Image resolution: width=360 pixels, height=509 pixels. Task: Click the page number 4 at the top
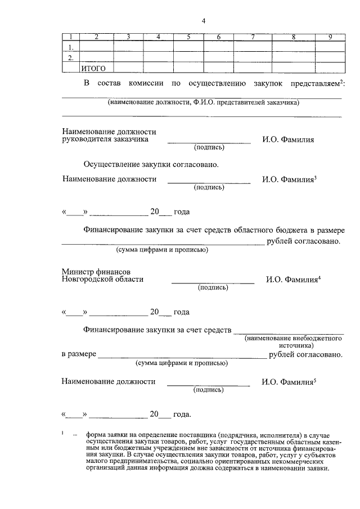coord(204,21)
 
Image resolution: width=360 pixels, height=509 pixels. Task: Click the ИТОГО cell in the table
coord(94,68)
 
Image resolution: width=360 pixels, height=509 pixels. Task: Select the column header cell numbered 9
coord(331,37)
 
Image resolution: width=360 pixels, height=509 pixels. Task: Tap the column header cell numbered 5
coord(188,37)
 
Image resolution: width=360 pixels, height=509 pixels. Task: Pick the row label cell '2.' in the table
coord(71,57)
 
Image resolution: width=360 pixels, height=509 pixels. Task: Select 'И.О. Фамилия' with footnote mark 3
coord(288,179)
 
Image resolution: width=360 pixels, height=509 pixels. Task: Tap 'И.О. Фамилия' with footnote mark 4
coord(292,279)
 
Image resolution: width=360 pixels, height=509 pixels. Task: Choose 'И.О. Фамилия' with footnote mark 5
coord(288,381)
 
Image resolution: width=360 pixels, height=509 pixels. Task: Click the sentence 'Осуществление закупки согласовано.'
coord(150,165)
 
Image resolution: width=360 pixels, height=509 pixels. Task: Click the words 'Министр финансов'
coord(96,271)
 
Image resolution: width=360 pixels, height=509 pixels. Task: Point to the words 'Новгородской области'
coord(102,279)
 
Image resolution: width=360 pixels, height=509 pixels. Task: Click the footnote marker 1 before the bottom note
coord(62,432)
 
